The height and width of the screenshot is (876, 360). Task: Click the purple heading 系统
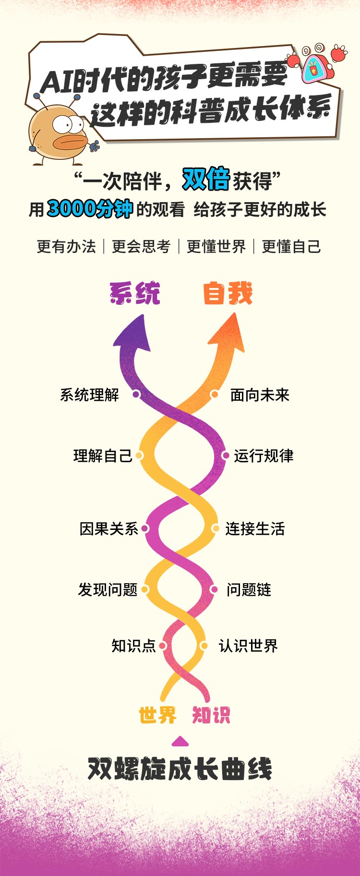pyautogui.click(x=135, y=293)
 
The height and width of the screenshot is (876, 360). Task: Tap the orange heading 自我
pyautogui.click(x=228, y=293)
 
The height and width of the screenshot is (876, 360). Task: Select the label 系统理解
pyautogui.click(x=89, y=395)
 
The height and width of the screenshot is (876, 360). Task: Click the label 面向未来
pyautogui.click(x=260, y=395)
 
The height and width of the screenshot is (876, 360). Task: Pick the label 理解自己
pyautogui.click(x=103, y=456)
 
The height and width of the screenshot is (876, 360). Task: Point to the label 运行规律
pyautogui.click(x=264, y=456)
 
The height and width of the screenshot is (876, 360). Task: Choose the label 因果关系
pyautogui.click(x=109, y=528)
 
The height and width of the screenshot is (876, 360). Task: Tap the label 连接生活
pyautogui.click(x=255, y=528)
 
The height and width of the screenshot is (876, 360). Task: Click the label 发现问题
pyautogui.click(x=108, y=589)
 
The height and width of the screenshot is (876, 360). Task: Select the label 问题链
pyautogui.click(x=249, y=589)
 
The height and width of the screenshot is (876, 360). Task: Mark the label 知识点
pyautogui.click(x=133, y=646)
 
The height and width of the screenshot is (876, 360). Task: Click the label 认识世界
pyautogui.click(x=248, y=646)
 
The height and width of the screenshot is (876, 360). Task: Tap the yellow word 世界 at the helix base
pyautogui.click(x=158, y=715)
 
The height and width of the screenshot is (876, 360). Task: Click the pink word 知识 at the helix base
pyautogui.click(x=211, y=715)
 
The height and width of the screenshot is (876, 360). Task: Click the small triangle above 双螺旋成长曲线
pyautogui.click(x=180, y=742)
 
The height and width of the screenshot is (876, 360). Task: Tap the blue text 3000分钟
pyautogui.click(x=90, y=208)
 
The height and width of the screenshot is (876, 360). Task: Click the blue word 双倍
pyautogui.click(x=206, y=179)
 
